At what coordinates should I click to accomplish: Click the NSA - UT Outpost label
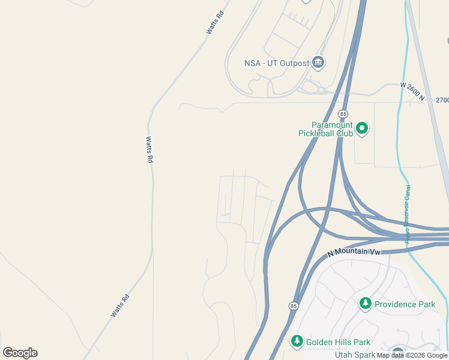pyautogui.click(x=276, y=63)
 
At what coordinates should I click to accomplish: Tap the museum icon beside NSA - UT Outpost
pyautogui.click(x=318, y=62)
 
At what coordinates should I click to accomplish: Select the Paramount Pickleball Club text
pyautogui.click(x=325, y=129)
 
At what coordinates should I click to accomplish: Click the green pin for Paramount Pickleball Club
pyautogui.click(x=362, y=128)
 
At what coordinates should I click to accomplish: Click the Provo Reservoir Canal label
pyautogui.click(x=407, y=214)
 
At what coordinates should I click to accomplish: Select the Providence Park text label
pyautogui.click(x=405, y=304)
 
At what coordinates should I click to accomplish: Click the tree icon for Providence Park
pyautogui.click(x=365, y=304)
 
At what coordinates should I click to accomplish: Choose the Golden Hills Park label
pyautogui.click(x=337, y=342)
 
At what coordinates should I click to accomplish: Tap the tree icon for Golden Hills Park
pyautogui.click(x=297, y=341)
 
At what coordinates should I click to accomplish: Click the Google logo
pyautogui.click(x=20, y=352)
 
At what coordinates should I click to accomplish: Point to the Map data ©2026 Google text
pyautogui.click(x=412, y=355)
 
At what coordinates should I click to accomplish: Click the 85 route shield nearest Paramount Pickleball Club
pyautogui.click(x=343, y=113)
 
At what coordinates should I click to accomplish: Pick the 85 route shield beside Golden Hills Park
pyautogui.click(x=293, y=306)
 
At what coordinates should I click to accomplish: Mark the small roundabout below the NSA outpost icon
pyautogui.click(x=321, y=90)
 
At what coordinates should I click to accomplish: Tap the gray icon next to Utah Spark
pyautogui.click(x=397, y=353)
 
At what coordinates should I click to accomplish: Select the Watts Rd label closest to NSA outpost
pyautogui.click(x=215, y=22)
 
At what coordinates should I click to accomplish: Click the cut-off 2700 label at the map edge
pyautogui.click(x=442, y=100)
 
